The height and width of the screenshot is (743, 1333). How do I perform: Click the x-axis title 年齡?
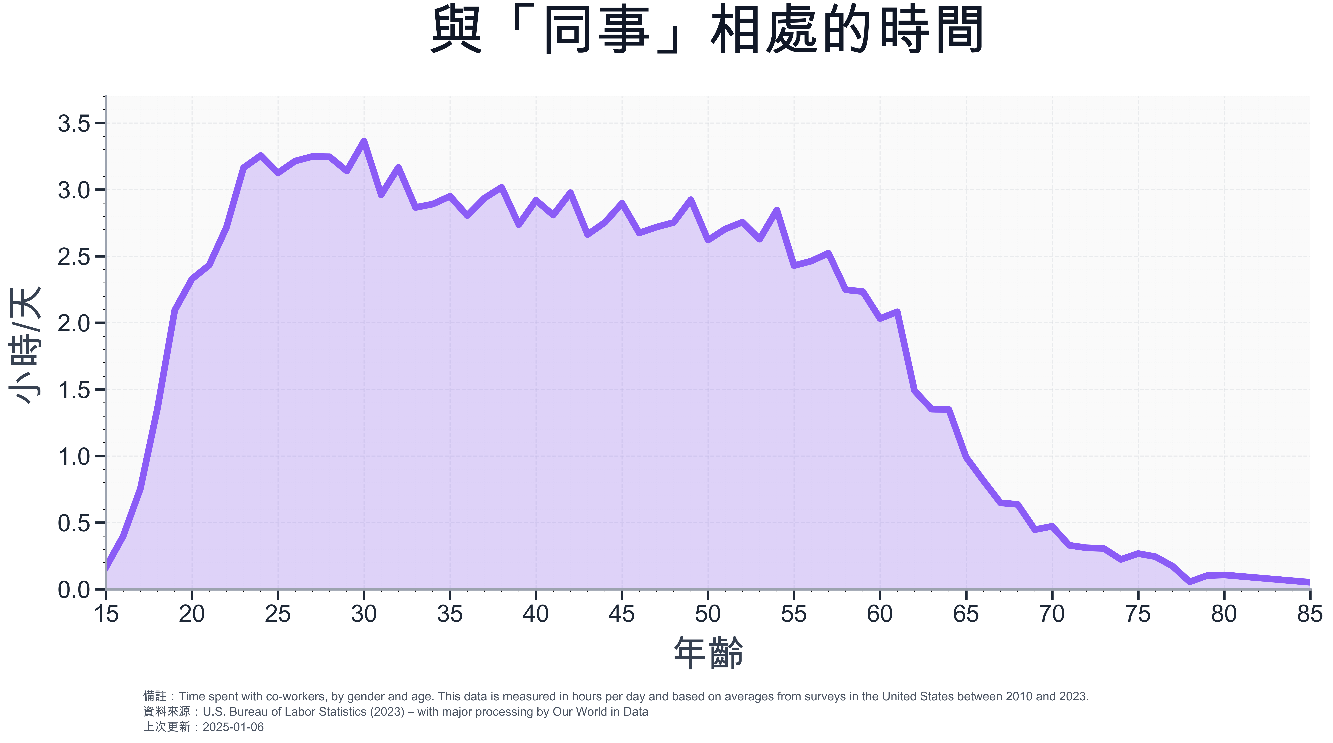(708, 652)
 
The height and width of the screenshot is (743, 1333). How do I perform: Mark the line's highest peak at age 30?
(364, 141)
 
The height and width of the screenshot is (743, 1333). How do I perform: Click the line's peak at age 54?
(777, 210)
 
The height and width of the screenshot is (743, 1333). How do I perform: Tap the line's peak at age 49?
(691, 200)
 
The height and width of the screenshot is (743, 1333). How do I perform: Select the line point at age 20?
(192, 279)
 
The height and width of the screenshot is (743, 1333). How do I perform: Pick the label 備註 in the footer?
(154, 697)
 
